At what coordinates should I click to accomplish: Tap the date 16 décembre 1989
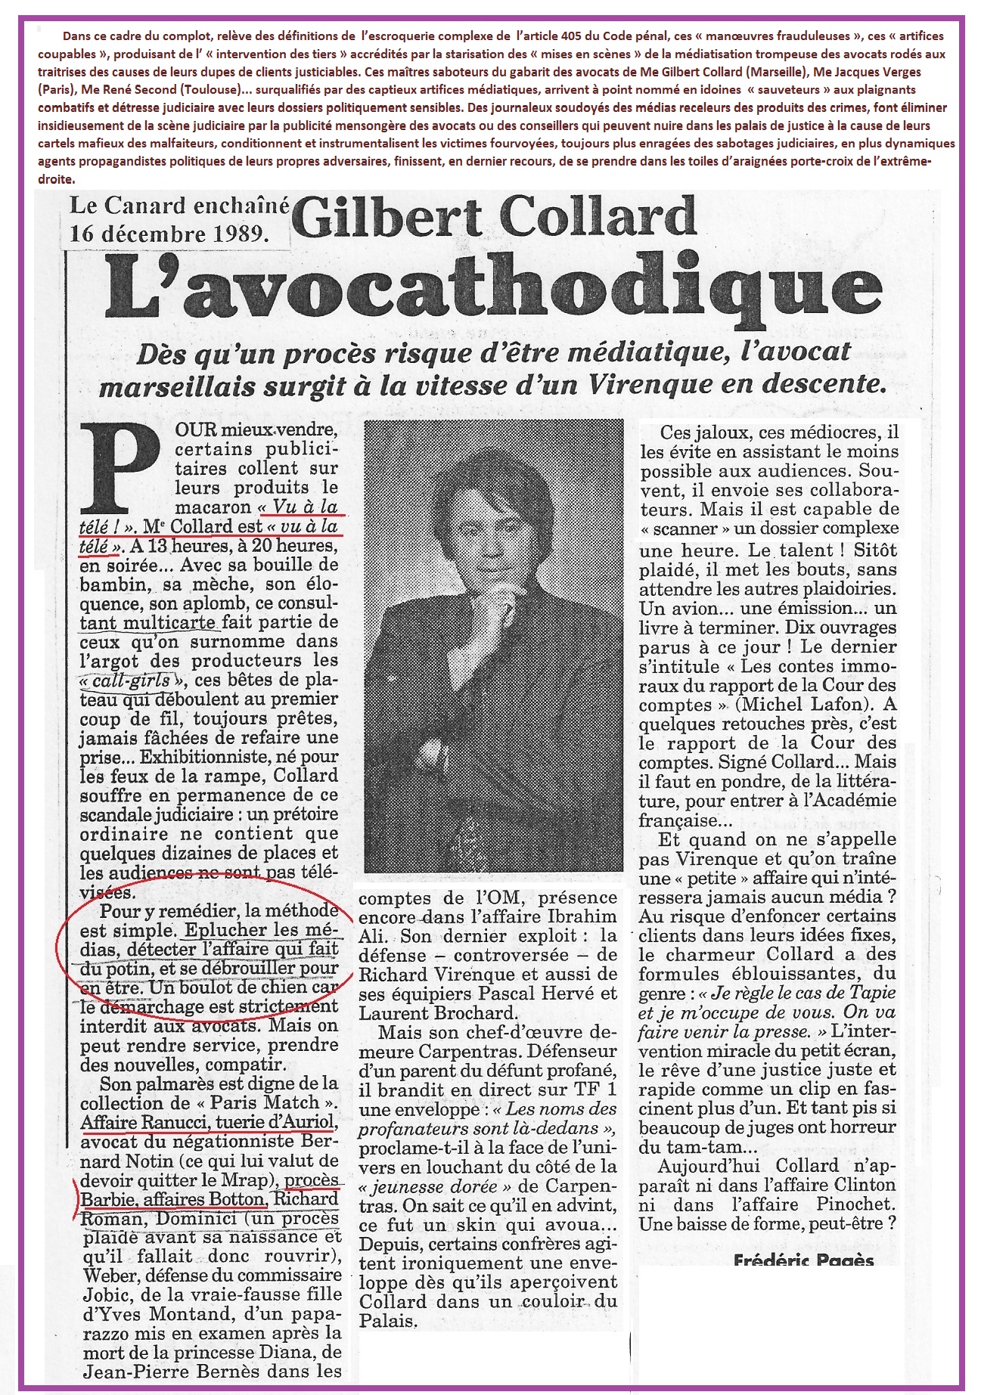(169, 233)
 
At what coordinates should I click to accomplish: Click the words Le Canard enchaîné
(179, 206)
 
